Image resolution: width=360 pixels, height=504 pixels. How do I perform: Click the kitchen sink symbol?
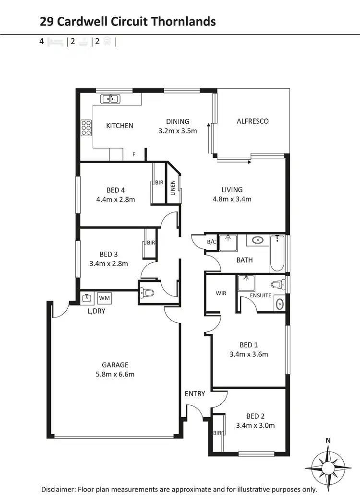tap(110, 99)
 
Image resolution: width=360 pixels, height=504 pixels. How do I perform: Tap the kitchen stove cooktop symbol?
tap(86, 128)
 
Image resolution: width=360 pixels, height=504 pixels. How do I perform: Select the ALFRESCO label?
tap(252, 121)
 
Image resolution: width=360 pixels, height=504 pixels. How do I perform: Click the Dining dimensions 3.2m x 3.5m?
tap(178, 130)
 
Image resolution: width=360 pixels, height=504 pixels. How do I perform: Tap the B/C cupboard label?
tap(211, 242)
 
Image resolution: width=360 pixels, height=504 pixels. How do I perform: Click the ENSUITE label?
tap(260, 295)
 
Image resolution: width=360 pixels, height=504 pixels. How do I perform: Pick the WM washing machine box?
tap(104, 298)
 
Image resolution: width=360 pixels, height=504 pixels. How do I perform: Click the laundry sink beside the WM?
tap(86, 298)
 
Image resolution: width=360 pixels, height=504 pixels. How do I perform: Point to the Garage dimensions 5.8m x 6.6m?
tap(115, 374)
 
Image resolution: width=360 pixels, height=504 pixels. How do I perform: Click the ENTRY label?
tap(195, 394)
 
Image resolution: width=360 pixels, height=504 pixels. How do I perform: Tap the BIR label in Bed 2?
tap(217, 433)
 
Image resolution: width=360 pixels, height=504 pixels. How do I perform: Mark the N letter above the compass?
tap(328, 440)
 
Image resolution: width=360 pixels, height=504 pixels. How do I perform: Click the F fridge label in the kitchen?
tap(134, 154)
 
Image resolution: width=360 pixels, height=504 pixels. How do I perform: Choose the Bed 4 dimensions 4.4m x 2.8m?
tap(116, 199)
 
